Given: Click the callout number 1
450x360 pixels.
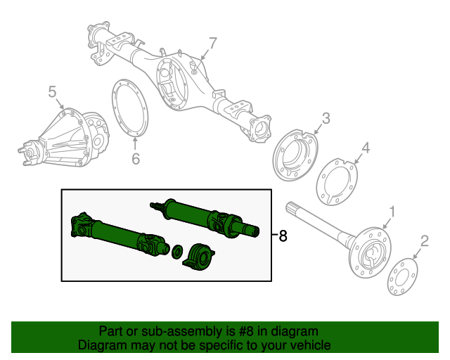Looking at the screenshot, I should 392,211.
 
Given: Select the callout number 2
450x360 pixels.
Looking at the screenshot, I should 424,243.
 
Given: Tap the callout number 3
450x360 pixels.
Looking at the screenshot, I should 326,118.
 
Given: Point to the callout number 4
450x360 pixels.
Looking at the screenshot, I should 365,148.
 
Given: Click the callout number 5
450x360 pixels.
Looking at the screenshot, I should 52,91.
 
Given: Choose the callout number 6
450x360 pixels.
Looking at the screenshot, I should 136,159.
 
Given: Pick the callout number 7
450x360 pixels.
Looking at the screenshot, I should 212,43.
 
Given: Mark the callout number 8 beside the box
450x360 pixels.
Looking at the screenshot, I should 283,236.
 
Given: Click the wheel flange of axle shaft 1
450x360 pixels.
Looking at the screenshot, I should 370,247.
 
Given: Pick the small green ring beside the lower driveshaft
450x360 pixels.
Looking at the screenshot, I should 177,250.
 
